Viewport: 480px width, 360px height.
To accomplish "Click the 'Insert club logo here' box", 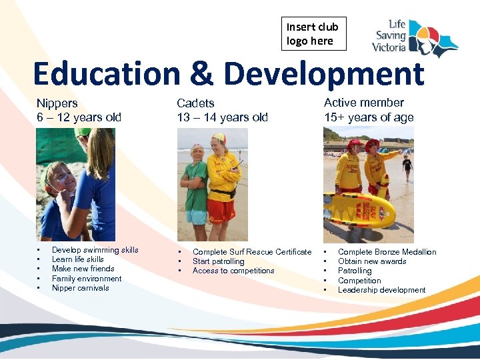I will pyautogui.click(x=313, y=34).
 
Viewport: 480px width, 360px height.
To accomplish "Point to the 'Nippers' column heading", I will pyautogui.click(x=57, y=103).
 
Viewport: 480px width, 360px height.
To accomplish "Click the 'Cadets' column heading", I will pyautogui.click(x=195, y=103).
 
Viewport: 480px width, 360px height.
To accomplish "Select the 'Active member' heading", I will pyautogui.click(x=363, y=103).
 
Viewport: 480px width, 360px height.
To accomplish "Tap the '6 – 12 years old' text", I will pyautogui.click(x=79, y=117).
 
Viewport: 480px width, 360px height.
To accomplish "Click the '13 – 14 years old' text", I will pyautogui.click(x=222, y=117).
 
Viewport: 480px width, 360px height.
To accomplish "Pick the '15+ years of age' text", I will pyautogui.click(x=369, y=117).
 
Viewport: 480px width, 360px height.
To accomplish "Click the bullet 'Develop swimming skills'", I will pyautogui.click(x=95, y=250).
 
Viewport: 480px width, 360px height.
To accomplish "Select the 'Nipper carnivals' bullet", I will pyautogui.click(x=80, y=288).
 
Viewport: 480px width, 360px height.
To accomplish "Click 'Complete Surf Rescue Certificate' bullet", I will pyautogui.click(x=251, y=252).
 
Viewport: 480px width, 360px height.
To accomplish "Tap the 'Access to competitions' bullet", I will pyautogui.click(x=233, y=271).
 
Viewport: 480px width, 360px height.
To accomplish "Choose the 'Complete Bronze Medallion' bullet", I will pyautogui.click(x=387, y=252).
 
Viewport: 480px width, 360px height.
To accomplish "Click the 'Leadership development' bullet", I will pyautogui.click(x=381, y=290).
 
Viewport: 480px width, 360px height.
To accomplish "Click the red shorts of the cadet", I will pyautogui.click(x=221, y=210).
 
